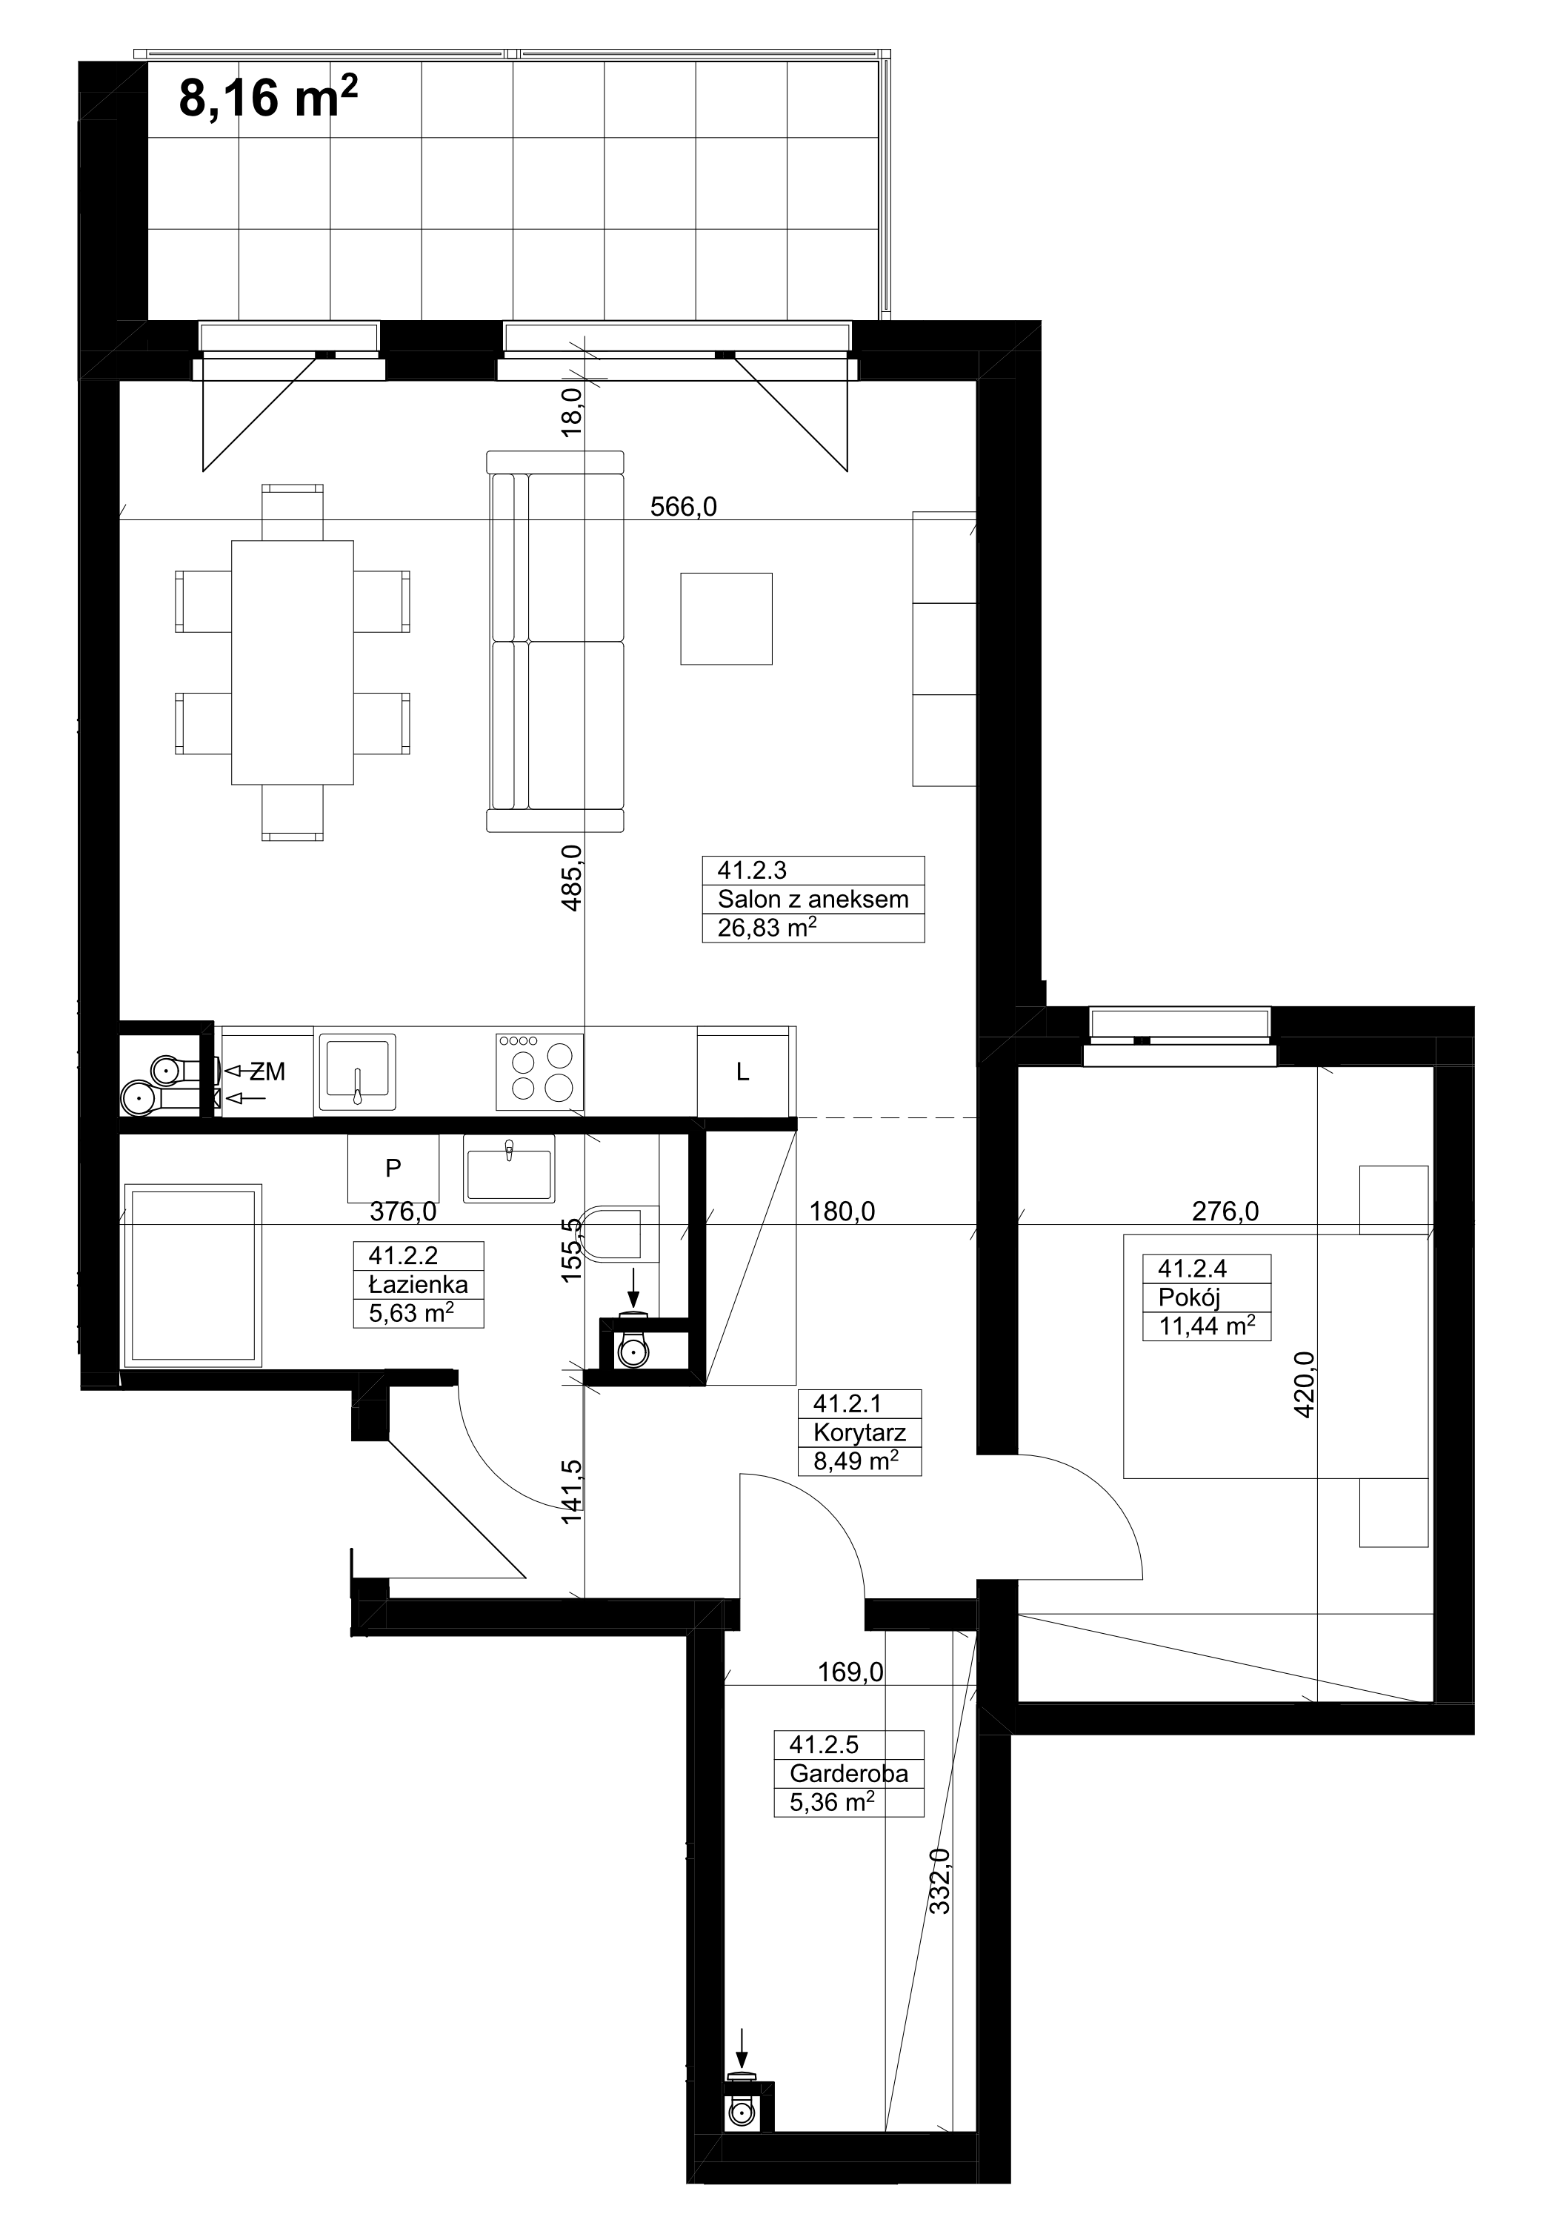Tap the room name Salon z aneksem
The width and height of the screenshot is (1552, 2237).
click(813, 899)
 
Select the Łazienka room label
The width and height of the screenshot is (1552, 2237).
click(418, 1284)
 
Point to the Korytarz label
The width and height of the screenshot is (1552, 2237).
click(859, 1432)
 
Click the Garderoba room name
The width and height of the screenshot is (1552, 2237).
click(849, 1773)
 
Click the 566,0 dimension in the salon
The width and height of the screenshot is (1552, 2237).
click(684, 507)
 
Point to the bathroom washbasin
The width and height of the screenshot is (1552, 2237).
click(509, 1168)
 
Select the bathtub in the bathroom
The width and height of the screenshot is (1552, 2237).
click(192, 1276)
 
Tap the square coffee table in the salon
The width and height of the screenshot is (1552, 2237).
click(727, 619)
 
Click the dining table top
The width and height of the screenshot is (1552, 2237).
click(293, 662)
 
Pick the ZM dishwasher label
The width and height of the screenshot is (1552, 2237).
click(267, 1071)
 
